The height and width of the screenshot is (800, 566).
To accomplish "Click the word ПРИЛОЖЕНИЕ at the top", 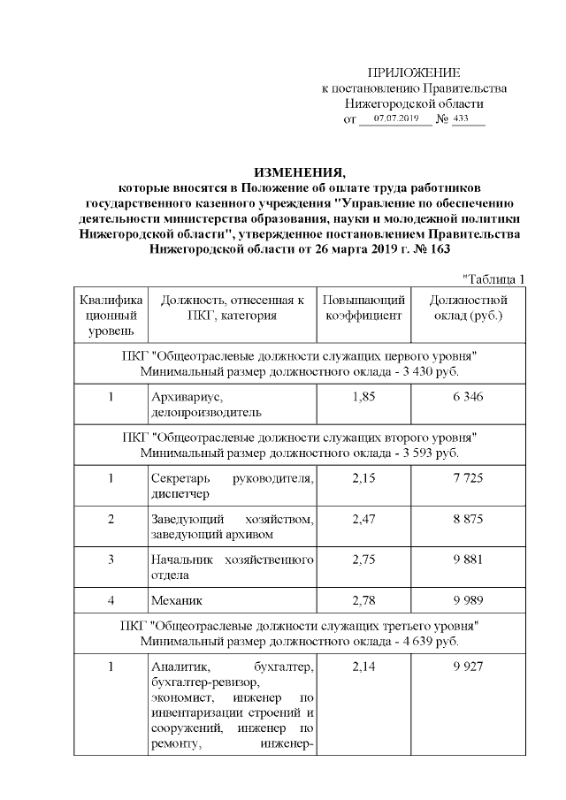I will [413, 72].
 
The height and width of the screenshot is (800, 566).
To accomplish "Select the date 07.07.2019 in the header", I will [395, 118].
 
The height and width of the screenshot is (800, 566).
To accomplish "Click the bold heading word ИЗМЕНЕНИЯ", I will [299, 171].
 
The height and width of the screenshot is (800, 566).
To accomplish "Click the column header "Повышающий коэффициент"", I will [363, 309].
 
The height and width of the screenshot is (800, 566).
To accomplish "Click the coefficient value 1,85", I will [363, 396].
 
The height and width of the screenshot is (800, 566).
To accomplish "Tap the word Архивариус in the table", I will [183, 397].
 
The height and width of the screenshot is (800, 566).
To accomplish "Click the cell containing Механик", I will [177, 600].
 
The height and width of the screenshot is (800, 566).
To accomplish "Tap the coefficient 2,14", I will [363, 666].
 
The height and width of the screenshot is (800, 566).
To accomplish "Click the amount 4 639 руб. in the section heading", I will [425, 640].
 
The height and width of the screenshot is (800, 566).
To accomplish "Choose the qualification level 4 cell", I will [111, 600].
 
